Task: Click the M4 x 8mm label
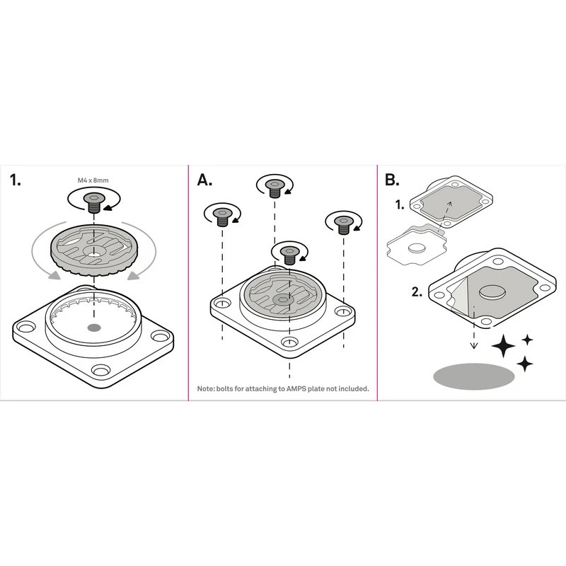pyautogui.click(x=93, y=180)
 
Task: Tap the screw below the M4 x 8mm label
pyautogui.click(x=94, y=203)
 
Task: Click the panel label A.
pyautogui.click(x=204, y=180)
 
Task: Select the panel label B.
pyautogui.click(x=392, y=180)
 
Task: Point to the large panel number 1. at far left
pyautogui.click(x=15, y=180)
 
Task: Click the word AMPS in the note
pyautogui.click(x=296, y=388)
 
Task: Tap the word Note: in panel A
pyautogui.click(x=206, y=388)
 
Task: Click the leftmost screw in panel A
pyautogui.click(x=222, y=217)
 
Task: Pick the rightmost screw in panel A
pyautogui.click(x=344, y=225)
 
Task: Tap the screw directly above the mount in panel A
pyautogui.click(x=289, y=255)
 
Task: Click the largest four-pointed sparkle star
pyautogui.click(x=503, y=345)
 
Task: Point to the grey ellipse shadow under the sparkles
pyautogui.click(x=474, y=376)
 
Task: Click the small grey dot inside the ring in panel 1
pyautogui.click(x=94, y=328)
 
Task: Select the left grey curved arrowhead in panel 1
pyautogui.click(x=54, y=275)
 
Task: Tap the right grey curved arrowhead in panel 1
pyautogui.click(x=134, y=275)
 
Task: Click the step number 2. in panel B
pyautogui.click(x=417, y=291)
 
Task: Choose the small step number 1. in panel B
pyautogui.click(x=400, y=205)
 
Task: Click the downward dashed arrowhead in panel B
pyautogui.click(x=474, y=346)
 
